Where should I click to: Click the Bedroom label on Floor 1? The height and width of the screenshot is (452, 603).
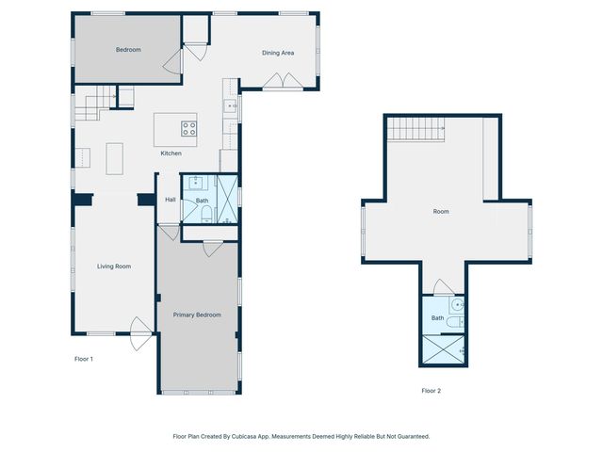coord(128,49)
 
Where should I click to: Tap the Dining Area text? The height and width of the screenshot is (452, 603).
coord(278,53)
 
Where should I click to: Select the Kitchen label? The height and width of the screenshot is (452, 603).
coord(171,153)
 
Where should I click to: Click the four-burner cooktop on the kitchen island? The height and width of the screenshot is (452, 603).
coord(188,129)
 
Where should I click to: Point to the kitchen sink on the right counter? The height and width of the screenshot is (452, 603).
coord(229,106)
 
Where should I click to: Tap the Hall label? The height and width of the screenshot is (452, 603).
coord(171,200)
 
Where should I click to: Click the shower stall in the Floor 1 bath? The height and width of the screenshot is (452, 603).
coord(227,199)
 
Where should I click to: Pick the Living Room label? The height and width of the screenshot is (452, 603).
coord(114,266)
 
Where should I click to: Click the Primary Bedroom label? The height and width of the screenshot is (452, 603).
coord(197,315)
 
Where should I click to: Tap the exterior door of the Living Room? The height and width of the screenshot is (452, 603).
coord(139,331)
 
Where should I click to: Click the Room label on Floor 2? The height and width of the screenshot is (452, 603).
coord(441,212)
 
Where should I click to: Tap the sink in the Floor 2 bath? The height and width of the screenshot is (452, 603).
coord(456,306)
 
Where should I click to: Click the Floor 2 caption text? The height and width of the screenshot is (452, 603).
coord(431,390)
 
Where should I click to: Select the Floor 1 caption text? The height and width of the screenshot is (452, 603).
coord(84,359)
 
